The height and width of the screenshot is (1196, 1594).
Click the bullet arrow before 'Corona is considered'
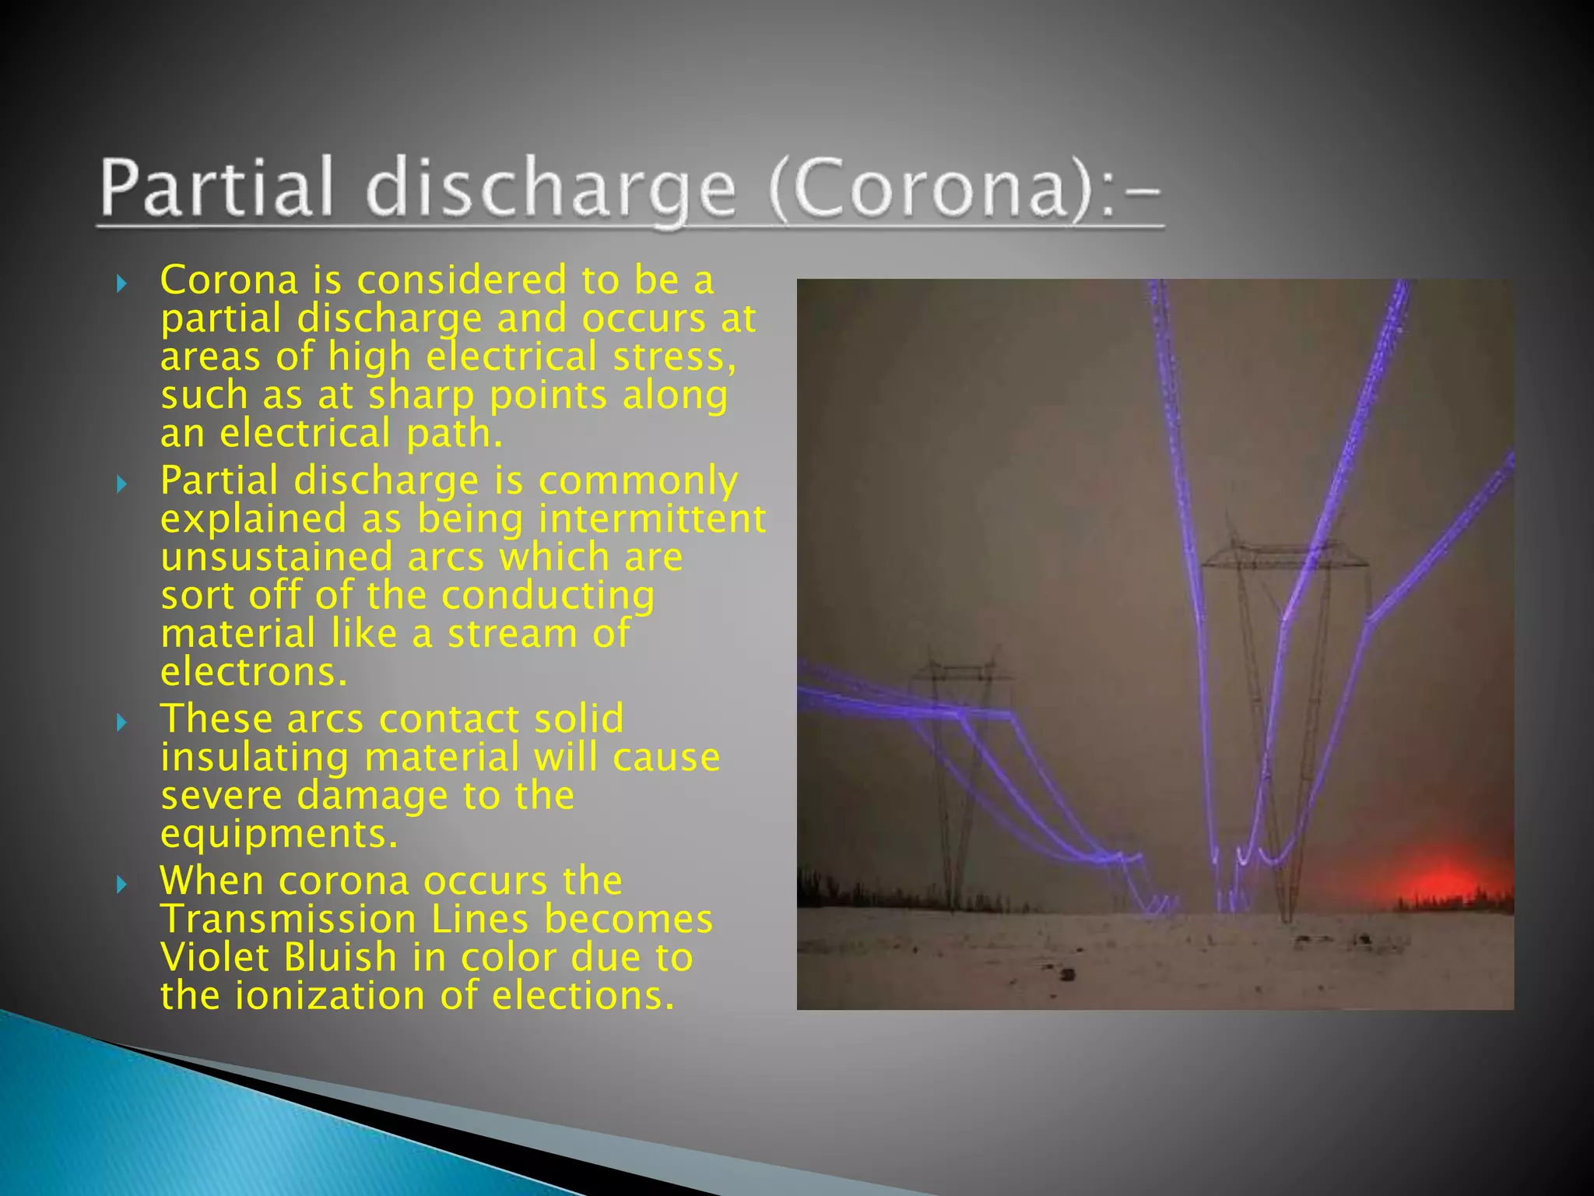pyautogui.click(x=121, y=283)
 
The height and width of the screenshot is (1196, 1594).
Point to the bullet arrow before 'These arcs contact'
pyautogui.click(x=121, y=723)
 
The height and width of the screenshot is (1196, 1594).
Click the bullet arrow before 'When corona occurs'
pyautogui.click(x=121, y=884)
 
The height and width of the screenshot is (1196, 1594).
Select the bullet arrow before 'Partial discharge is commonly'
pyautogui.click(x=121, y=484)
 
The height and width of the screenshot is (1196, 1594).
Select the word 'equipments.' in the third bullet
pyautogui.click(x=279, y=835)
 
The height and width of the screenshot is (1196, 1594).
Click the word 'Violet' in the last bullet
pyautogui.click(x=215, y=957)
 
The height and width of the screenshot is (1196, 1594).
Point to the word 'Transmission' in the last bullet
pyautogui.click(x=288, y=919)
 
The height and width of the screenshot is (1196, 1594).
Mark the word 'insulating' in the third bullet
pyautogui.click(x=255, y=758)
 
